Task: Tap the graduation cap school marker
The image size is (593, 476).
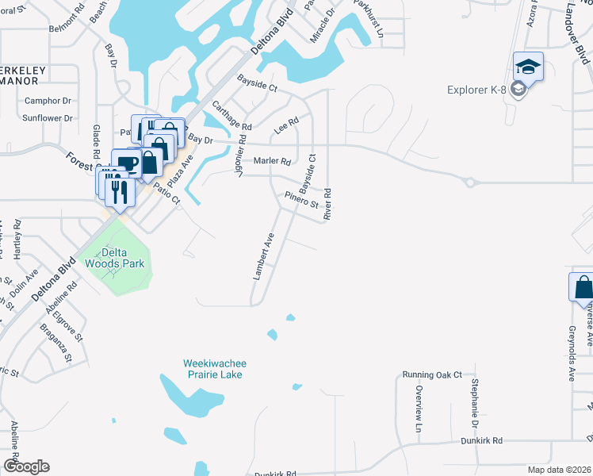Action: [528, 67]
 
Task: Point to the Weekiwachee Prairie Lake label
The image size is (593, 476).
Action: [212, 368]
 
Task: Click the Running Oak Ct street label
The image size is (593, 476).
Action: [431, 374]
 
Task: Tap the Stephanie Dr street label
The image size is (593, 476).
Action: [473, 400]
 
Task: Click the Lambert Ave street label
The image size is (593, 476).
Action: [263, 255]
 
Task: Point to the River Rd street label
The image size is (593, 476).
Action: [326, 204]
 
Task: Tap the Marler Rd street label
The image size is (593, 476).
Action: [272, 161]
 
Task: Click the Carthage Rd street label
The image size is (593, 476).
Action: [231, 116]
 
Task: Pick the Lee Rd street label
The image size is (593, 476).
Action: [285, 125]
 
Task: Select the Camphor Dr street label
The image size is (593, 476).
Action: [48, 101]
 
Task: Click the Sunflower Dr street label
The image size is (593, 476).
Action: [47, 118]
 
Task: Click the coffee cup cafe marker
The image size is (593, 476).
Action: [127, 164]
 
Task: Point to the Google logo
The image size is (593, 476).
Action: [26, 466]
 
